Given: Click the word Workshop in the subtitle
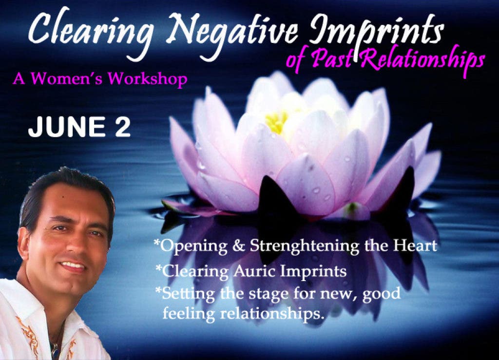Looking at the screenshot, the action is (147, 78).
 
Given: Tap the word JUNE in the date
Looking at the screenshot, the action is (66, 127).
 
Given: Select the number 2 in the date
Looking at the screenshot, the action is (123, 127).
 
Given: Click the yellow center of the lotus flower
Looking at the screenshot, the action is (276, 122).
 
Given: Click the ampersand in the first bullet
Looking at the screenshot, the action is (239, 246).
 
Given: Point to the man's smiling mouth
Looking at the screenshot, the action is (73, 266).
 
